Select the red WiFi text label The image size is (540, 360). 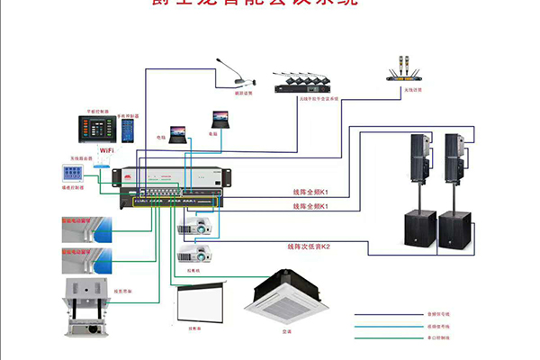pos(105,150)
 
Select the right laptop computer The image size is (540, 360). pos(220,119)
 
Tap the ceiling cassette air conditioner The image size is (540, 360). pos(287,298)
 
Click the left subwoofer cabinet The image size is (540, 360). pos(419,231)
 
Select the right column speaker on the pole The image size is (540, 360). pos(454,157)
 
